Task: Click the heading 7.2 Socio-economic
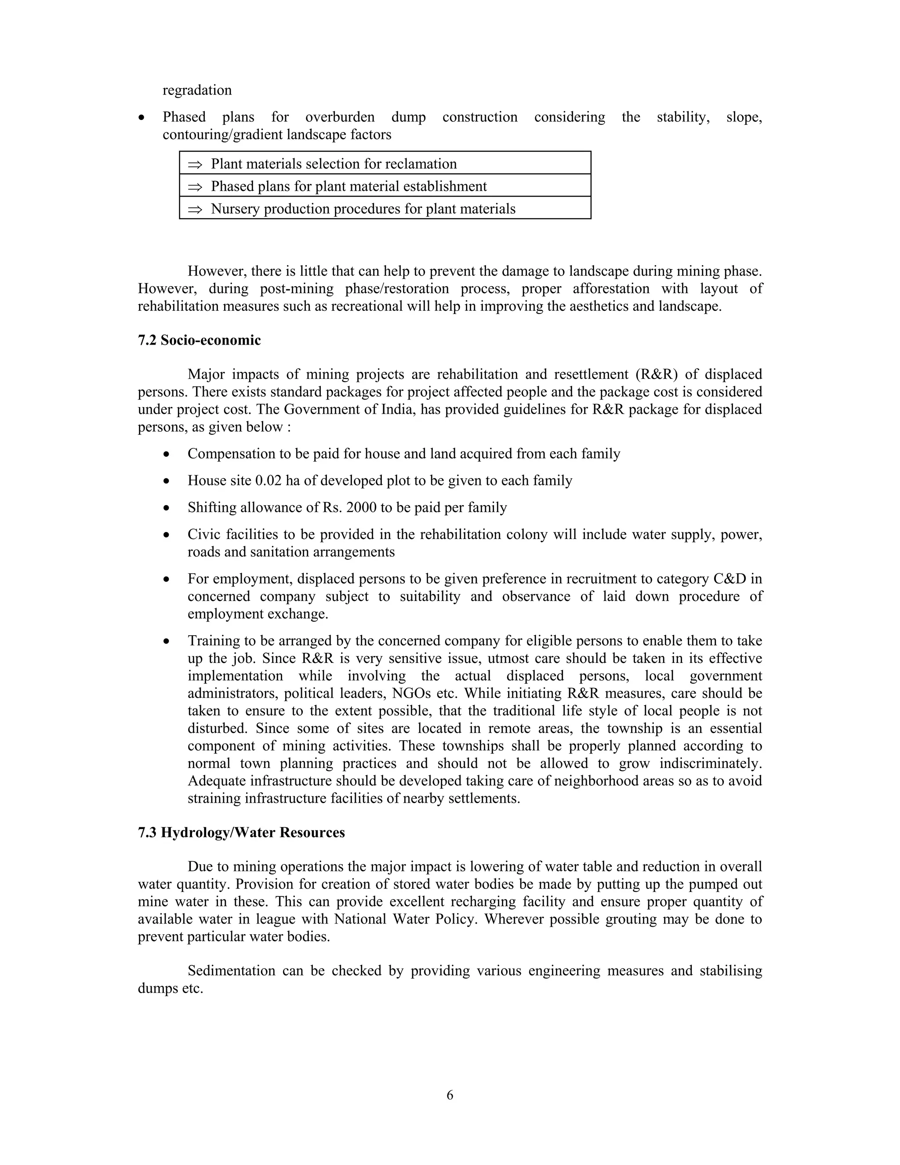point(199,340)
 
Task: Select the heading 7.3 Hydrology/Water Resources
point(241,833)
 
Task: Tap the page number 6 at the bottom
point(450,1095)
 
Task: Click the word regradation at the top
point(197,90)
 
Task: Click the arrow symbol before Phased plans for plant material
point(195,187)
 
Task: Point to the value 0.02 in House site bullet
point(268,481)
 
